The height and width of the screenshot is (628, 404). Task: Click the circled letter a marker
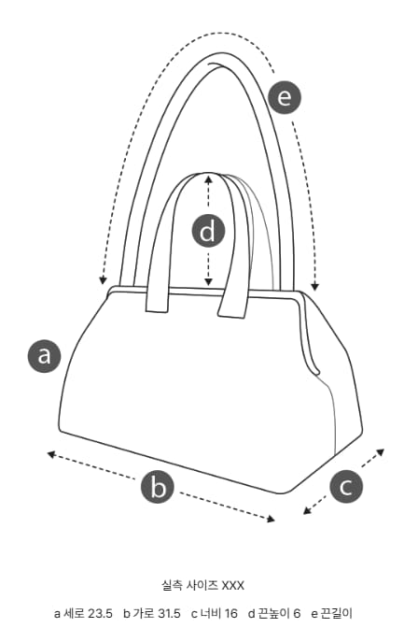[x=44, y=356]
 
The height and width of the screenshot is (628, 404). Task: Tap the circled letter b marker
[x=158, y=488]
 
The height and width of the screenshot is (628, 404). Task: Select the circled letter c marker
[x=346, y=487]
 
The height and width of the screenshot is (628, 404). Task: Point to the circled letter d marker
[x=208, y=232]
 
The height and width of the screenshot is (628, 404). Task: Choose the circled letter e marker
[x=284, y=97]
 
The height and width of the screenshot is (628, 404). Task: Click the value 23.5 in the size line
[x=101, y=613]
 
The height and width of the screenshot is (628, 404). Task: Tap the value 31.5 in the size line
[x=168, y=613]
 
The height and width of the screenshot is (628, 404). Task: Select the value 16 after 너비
[x=230, y=613]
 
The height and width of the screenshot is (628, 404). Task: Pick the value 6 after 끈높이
[x=297, y=613]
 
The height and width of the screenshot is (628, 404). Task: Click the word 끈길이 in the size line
[x=337, y=613]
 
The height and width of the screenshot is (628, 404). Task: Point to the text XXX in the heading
[x=233, y=586]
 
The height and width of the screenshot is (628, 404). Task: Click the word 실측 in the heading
[x=172, y=586]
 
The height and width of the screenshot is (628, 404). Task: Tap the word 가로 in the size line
[x=143, y=613]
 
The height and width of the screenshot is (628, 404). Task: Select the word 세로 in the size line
[x=75, y=613]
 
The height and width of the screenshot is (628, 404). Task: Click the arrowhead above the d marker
[x=208, y=177]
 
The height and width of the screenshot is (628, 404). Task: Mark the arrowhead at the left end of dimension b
[x=50, y=454]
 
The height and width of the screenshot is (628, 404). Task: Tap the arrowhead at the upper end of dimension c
[x=381, y=451]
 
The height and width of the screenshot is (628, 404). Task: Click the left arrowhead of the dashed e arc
[x=104, y=280]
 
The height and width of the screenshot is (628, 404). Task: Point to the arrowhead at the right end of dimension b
[x=271, y=519]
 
